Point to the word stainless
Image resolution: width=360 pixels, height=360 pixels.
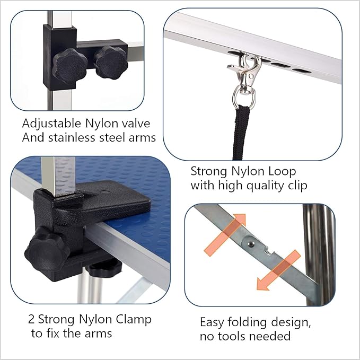click(68, 138)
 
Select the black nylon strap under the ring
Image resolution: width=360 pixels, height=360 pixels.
click(242, 133)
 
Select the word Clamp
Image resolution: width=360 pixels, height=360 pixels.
click(134, 320)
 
